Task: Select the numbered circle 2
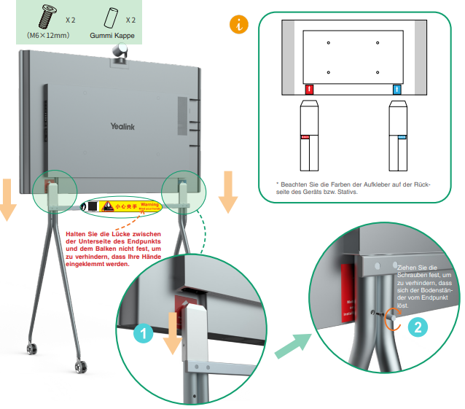point(417,328)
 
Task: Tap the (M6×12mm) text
point(48,34)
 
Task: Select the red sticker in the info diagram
point(309,90)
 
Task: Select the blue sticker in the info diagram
point(396,90)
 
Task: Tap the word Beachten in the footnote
point(296,184)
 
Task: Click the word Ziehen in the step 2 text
point(409,269)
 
